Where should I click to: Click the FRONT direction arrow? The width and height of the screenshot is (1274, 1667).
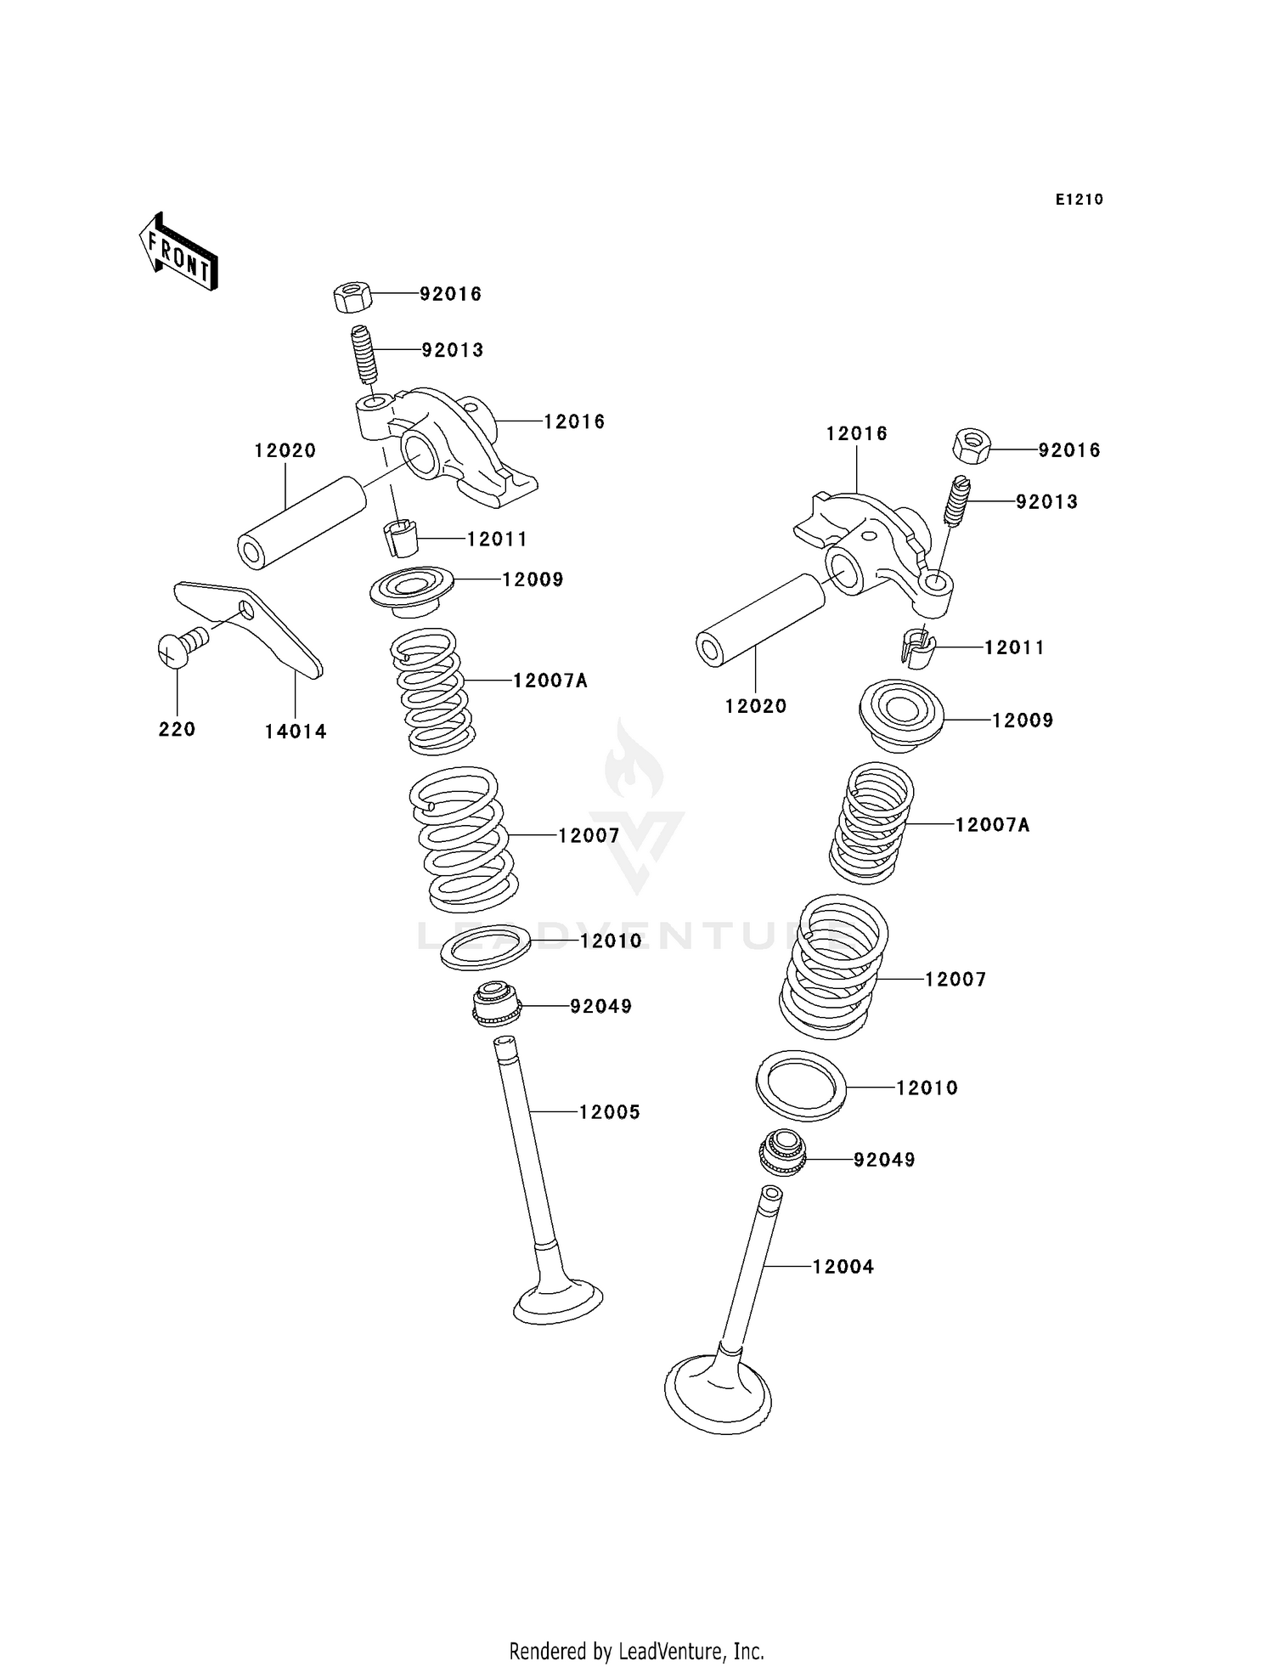[x=178, y=251]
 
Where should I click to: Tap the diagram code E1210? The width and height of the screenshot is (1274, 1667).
[x=1079, y=200]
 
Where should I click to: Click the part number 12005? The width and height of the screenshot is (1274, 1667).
[x=609, y=1111]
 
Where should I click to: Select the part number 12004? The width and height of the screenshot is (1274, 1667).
[x=843, y=1266]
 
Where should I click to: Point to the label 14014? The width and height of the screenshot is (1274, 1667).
[x=295, y=731]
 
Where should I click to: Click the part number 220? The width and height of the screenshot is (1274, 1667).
[x=177, y=729]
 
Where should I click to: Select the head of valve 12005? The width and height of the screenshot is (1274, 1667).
[x=558, y=1301]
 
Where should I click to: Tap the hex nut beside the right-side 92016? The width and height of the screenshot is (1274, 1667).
[x=972, y=446]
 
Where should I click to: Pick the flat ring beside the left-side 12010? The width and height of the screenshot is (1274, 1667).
[x=485, y=948]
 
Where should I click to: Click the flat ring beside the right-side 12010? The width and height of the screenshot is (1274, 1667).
[x=801, y=1086]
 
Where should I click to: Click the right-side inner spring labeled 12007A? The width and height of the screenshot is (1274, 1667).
[x=871, y=822]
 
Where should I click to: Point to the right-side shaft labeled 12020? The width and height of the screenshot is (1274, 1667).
[x=760, y=620]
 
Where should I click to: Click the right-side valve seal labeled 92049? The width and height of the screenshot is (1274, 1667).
[x=781, y=1153]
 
